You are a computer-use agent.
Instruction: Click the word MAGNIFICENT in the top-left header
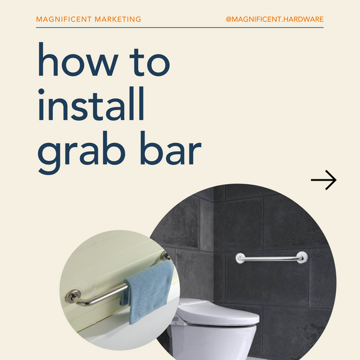click(64, 19)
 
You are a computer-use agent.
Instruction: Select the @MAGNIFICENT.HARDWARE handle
click(275, 19)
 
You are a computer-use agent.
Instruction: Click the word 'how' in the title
click(78, 59)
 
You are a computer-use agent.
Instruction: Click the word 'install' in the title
click(91, 104)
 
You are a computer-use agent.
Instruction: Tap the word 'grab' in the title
click(81, 152)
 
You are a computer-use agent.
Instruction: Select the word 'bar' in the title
click(171, 148)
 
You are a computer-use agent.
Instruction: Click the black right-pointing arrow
click(324, 180)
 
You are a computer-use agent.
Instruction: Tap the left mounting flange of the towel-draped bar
click(73, 296)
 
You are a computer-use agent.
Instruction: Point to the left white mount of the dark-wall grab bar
click(240, 258)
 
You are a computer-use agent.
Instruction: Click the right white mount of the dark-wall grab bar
click(302, 257)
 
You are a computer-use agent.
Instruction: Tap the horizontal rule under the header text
click(180, 28)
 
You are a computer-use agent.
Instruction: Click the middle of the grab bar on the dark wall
click(271, 259)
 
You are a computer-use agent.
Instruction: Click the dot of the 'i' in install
click(41, 92)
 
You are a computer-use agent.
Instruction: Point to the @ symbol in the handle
click(229, 19)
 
